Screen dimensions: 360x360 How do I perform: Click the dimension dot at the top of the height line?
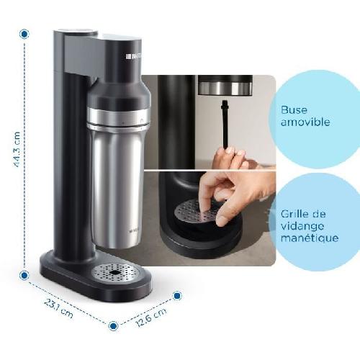(x=24, y=33)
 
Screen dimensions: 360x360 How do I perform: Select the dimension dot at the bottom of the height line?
(x=24, y=274)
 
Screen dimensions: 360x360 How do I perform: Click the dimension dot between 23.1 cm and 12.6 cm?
(x=113, y=325)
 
